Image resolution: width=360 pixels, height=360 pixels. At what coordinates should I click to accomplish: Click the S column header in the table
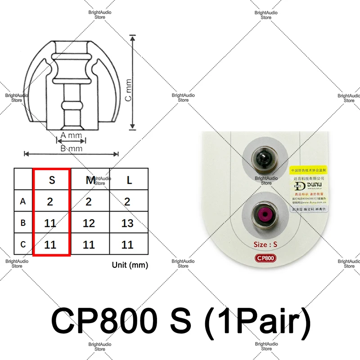[x=52, y=180]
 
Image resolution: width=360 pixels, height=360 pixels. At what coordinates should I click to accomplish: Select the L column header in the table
[x=129, y=180]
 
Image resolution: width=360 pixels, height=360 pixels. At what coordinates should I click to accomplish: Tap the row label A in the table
[x=23, y=202]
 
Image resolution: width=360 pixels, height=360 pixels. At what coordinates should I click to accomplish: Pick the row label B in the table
[x=23, y=223]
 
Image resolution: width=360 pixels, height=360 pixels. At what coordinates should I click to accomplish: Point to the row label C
[x=23, y=245]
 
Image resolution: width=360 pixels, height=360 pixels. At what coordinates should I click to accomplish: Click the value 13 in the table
[x=127, y=223]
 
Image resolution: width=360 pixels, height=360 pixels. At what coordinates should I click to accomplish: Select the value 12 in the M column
[x=89, y=223]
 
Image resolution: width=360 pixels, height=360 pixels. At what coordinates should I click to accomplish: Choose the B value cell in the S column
[x=50, y=223]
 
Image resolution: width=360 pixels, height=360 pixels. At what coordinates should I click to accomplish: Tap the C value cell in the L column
[x=127, y=245]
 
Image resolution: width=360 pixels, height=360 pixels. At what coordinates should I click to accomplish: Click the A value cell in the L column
[x=127, y=202]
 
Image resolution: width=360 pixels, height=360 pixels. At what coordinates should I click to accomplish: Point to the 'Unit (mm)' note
[x=130, y=265]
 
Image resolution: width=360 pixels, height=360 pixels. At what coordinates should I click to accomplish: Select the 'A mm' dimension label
[x=71, y=135]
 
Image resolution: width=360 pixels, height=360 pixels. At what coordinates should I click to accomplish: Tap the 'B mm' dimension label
[x=71, y=148]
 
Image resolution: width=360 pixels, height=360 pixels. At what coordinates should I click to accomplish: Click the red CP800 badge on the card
[x=265, y=259]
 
